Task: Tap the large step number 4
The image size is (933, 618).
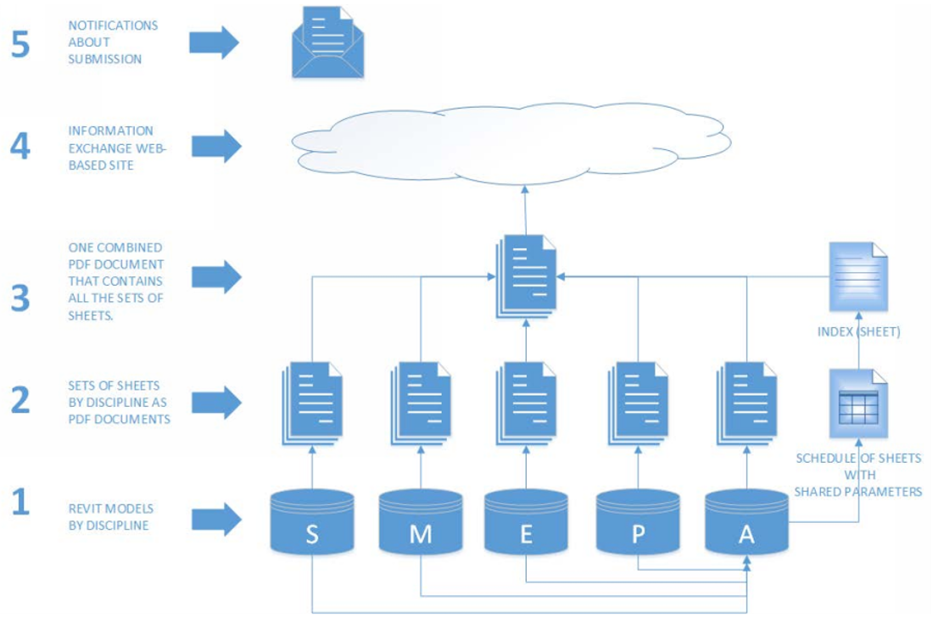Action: click(20, 147)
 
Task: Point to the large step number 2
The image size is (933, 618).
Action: click(20, 399)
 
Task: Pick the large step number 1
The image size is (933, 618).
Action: click(20, 503)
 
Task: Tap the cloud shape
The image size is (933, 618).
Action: click(509, 144)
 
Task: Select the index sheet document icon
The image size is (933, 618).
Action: click(858, 277)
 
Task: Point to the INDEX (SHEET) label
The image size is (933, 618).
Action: click(858, 331)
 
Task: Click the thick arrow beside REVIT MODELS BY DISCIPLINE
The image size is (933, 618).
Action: click(215, 520)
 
